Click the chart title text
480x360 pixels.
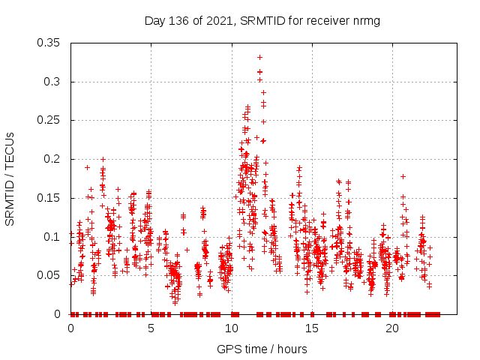point(262,20)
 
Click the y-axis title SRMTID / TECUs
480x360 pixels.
point(10,179)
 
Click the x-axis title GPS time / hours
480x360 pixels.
point(262,349)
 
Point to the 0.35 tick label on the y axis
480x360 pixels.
point(49,43)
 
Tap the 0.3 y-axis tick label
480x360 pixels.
point(52,82)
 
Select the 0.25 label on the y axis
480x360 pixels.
point(49,120)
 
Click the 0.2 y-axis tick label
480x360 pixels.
point(52,159)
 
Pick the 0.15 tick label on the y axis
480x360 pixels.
point(49,198)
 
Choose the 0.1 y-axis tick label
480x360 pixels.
point(52,236)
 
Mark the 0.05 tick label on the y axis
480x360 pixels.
point(49,275)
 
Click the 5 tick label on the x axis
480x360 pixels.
point(151,328)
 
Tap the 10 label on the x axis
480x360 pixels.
point(232,328)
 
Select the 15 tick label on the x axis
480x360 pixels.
point(312,328)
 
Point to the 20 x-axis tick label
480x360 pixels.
point(392,328)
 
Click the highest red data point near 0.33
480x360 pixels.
point(259,57)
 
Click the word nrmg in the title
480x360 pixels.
point(365,20)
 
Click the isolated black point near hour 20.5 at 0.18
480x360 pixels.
point(403,176)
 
